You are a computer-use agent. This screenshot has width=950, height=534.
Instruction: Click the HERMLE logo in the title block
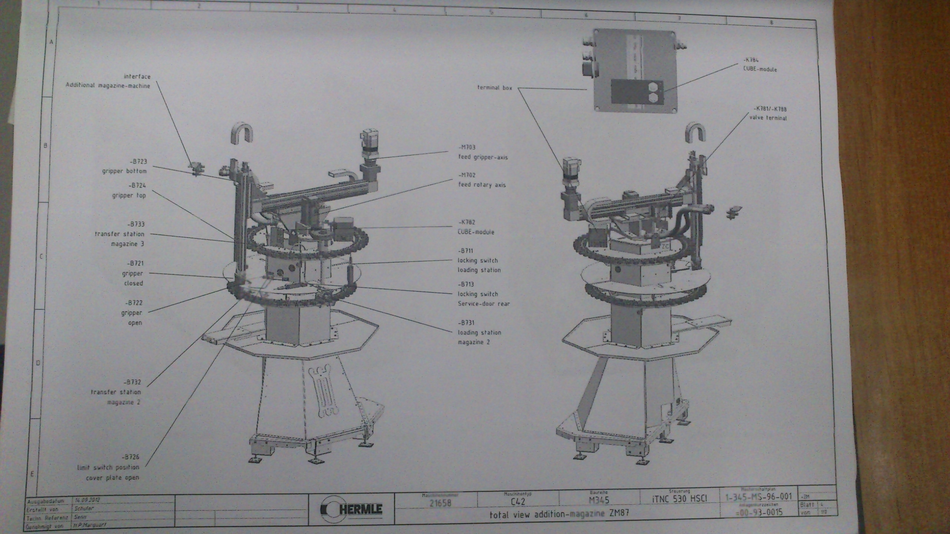click(351, 509)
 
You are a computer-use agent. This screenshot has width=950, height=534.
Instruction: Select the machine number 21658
click(440, 503)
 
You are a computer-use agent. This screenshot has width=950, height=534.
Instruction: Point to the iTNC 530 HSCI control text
click(679, 499)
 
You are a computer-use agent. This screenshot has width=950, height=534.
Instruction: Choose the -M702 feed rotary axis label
click(482, 180)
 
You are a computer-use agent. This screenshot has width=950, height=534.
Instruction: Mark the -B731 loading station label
click(479, 332)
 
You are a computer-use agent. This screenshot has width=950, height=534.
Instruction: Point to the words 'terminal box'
click(494, 88)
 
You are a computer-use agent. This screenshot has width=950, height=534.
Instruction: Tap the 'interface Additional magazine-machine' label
click(108, 81)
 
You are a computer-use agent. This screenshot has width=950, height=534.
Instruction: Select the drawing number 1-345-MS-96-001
click(759, 497)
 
